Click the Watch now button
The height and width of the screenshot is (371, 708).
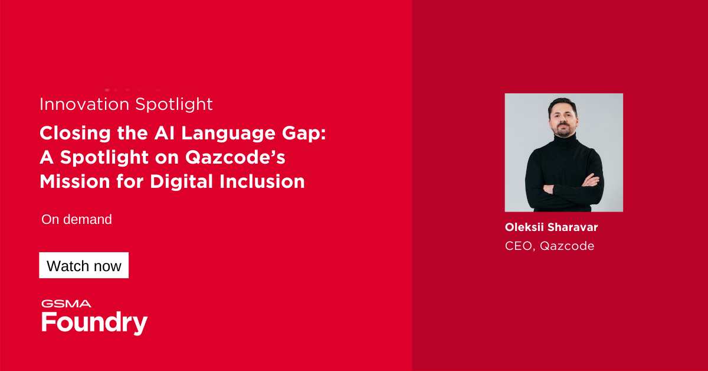pos(84,266)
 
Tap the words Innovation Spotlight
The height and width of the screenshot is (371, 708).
pos(126,105)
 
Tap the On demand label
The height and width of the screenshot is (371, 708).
pos(77,220)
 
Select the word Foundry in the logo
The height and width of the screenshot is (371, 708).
pos(94,323)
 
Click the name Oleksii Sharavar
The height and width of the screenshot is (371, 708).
pos(547,227)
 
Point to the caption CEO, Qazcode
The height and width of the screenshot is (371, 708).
pos(549,246)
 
